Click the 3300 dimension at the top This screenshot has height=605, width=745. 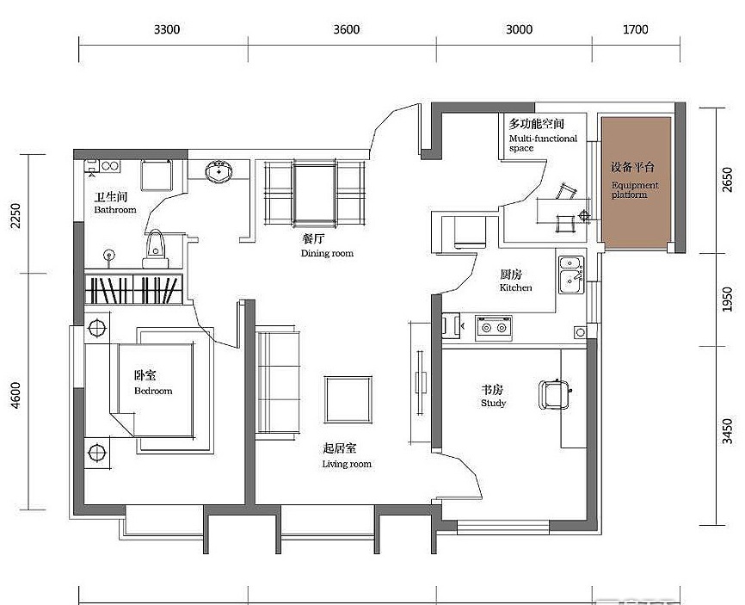(x=167, y=29)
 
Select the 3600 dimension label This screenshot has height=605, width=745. (x=346, y=29)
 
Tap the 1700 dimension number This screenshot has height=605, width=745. (x=635, y=29)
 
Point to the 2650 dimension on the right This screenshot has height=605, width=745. (x=727, y=180)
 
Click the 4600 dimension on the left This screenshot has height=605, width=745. (x=15, y=395)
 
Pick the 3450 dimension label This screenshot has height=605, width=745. (x=727, y=431)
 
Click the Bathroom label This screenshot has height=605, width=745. (x=115, y=210)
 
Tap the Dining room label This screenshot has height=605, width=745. (x=328, y=253)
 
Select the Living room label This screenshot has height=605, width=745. (x=347, y=464)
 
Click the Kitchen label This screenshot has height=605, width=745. (x=515, y=287)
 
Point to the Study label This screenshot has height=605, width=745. (x=493, y=403)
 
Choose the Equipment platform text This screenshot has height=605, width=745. (x=635, y=189)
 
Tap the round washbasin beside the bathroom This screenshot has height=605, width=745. (x=219, y=171)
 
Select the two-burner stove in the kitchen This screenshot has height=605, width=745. (x=494, y=327)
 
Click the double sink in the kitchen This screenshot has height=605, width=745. (x=571, y=275)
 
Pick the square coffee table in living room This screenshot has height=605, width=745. (x=348, y=399)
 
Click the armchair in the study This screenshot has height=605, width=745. (x=554, y=394)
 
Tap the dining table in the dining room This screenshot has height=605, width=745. (x=314, y=193)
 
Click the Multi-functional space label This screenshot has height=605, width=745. (x=543, y=143)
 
